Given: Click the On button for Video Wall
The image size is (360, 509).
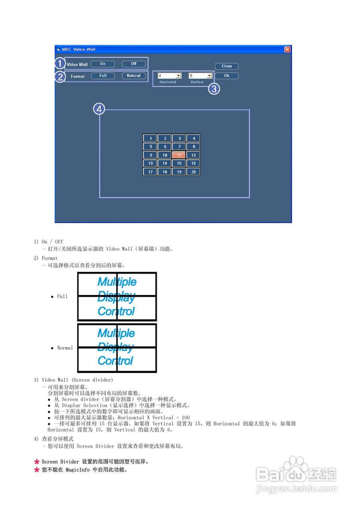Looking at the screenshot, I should pyautogui.click(x=103, y=64).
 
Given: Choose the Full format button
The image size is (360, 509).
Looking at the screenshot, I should pyautogui.click(x=103, y=76).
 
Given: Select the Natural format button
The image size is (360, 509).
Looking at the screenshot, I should pyautogui.click(x=134, y=76).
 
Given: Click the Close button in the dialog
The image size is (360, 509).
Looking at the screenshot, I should pyautogui.click(x=227, y=66).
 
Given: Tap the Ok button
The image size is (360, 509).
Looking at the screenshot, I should pyautogui.click(x=227, y=76).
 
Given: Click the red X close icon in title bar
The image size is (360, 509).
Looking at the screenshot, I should pyautogui.click(x=287, y=49).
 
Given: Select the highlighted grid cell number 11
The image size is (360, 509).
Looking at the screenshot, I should pyautogui.click(x=179, y=155).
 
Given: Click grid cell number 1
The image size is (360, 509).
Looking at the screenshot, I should pyautogui.click(x=150, y=138).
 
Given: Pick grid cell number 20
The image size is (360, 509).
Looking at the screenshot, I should pyautogui.click(x=193, y=172).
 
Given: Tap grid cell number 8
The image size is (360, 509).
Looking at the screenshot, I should pyautogui.click(x=193, y=147).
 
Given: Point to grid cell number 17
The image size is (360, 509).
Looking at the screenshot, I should pyautogui.click(x=150, y=172).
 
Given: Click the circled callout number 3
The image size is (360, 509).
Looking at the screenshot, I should pyautogui.click(x=214, y=89).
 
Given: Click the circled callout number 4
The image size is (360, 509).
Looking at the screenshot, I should pyautogui.click(x=99, y=109).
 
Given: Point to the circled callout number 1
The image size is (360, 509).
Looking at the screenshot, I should pyautogui.click(x=60, y=64).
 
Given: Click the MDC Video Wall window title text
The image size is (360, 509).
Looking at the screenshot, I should pyautogui.click(x=78, y=49).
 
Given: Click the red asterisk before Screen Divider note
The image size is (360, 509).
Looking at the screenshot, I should pyautogui.click(x=37, y=462).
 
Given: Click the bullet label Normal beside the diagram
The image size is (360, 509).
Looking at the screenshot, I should pyautogui.click(x=65, y=348).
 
